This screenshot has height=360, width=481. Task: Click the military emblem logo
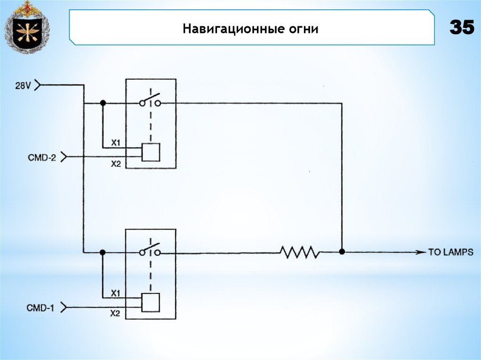pos(27,27)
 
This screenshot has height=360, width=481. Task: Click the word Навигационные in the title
pos(231,29)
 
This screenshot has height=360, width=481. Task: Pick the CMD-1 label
pos(41,308)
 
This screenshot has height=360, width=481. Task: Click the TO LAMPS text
pos(450,252)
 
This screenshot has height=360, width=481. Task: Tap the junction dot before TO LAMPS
pos(342,252)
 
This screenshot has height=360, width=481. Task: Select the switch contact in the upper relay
pos(150,100)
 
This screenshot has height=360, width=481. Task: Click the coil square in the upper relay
pos(151,152)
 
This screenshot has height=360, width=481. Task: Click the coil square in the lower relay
pos(151,302)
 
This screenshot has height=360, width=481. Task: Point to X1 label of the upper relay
pos(116,142)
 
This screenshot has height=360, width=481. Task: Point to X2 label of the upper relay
pos(116,164)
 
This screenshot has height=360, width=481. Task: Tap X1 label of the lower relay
pos(116,292)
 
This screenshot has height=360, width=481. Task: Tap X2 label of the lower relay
pos(116,314)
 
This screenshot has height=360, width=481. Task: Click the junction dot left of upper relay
pos(103,103)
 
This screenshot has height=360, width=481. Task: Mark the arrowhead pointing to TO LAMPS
pos(420,252)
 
